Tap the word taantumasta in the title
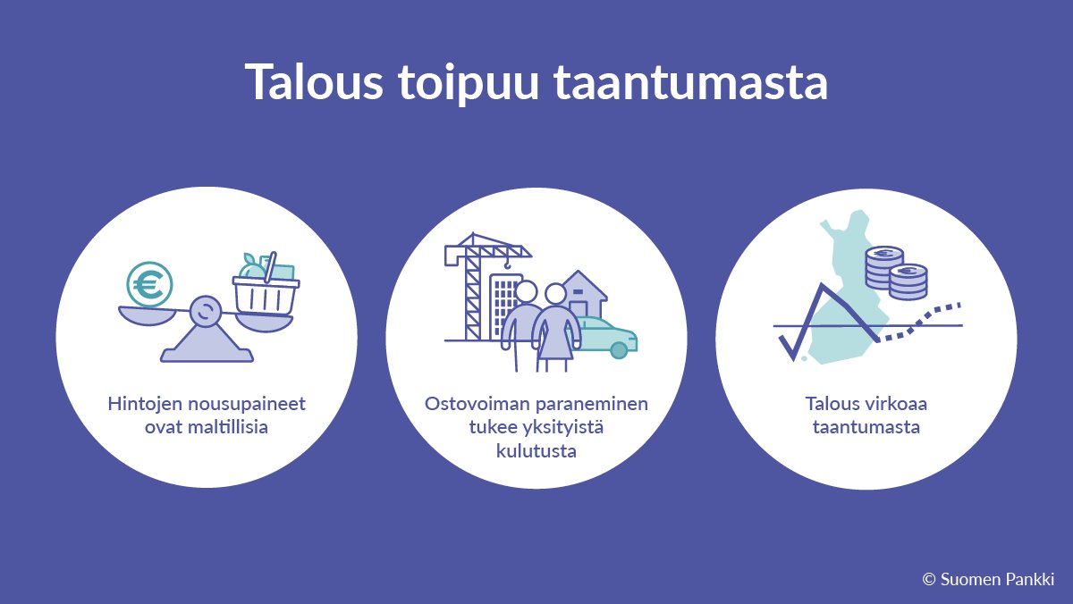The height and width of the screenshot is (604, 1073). click(689, 84)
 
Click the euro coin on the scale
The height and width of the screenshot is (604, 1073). click(149, 284)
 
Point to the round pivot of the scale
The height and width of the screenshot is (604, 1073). click(205, 311)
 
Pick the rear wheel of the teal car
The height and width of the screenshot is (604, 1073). click(618, 349)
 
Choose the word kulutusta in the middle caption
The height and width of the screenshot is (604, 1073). click(536, 451)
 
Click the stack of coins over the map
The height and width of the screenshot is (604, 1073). click(895, 273)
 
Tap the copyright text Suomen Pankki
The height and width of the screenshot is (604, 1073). click(997, 579)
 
